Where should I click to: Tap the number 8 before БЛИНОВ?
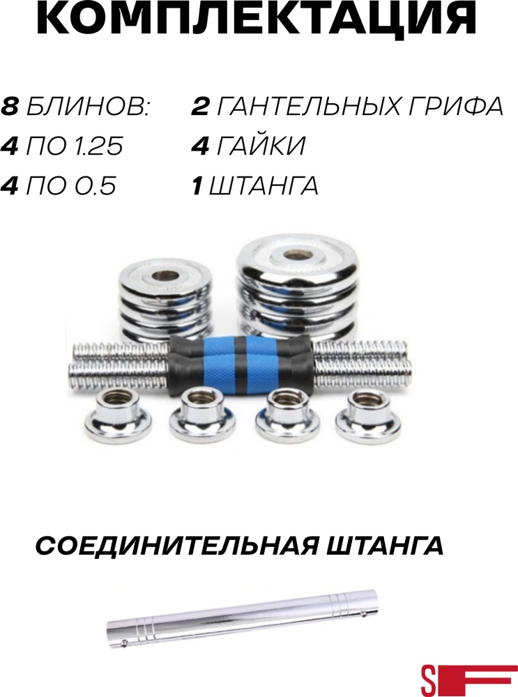click(x=10, y=107)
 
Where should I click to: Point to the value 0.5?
click(x=93, y=185)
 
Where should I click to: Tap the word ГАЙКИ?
click(x=261, y=146)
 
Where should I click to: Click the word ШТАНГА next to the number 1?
click(x=264, y=185)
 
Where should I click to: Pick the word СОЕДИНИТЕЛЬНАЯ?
click(x=176, y=546)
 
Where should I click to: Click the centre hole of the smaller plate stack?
click(x=165, y=277)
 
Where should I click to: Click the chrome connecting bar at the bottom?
click(x=243, y=615)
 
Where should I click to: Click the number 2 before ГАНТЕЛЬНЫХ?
click(x=200, y=107)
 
